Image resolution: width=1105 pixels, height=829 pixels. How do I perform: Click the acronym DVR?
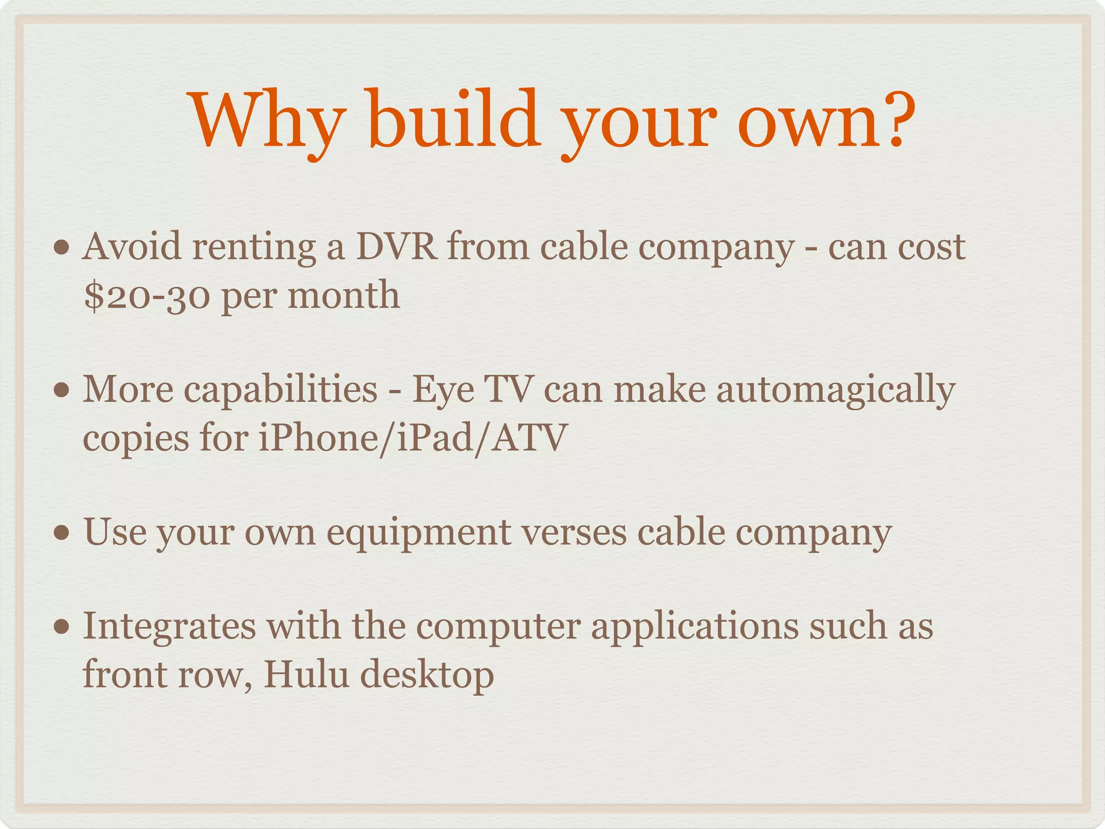click(396, 247)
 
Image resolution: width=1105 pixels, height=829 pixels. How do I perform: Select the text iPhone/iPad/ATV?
click(412, 437)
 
